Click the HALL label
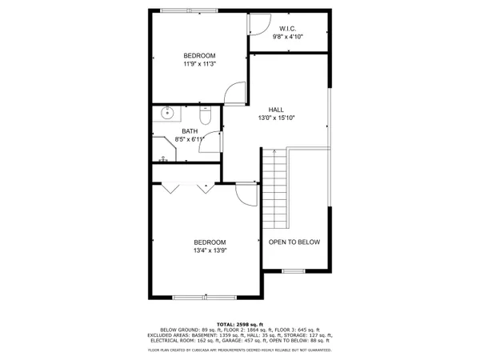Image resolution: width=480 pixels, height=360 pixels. click(275, 109)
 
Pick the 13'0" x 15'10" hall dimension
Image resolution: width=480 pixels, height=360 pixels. click(275, 118)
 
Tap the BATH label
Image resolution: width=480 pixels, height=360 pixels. click(190, 131)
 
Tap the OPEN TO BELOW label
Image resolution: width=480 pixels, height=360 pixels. click(294, 242)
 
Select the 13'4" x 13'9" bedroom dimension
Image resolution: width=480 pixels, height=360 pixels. click(210, 251)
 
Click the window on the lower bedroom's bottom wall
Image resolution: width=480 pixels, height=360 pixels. click(206, 297)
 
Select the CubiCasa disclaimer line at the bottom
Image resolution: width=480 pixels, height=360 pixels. click(240, 350)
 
